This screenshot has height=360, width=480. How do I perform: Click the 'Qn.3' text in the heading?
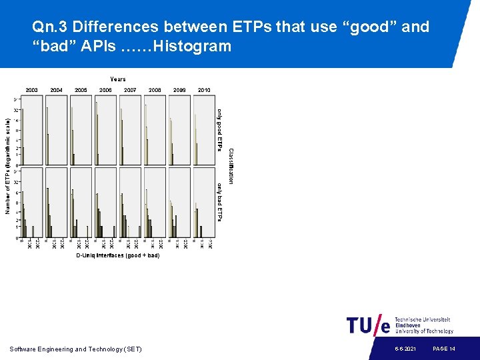[49, 27]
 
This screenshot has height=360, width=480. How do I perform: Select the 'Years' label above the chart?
[118, 79]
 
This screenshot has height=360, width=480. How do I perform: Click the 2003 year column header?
[32, 90]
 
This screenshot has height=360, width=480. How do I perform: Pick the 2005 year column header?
[81, 90]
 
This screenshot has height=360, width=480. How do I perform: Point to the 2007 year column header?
[130, 90]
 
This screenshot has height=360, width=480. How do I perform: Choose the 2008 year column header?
[155, 90]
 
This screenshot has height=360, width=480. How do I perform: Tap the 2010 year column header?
[204, 90]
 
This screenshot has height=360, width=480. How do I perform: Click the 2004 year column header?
[57, 90]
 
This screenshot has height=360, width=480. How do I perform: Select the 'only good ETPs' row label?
[220, 129]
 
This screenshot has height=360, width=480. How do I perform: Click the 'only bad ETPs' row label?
[220, 202]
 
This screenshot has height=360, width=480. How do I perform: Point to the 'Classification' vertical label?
[231, 166]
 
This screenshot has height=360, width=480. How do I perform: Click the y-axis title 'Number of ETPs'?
[8, 166]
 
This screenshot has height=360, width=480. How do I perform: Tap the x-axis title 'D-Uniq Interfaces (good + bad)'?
[117, 255]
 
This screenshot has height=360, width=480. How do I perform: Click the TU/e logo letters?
[368, 325]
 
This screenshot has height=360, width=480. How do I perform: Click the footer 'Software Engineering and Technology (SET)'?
[76, 349]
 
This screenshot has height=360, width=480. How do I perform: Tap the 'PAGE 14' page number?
[444, 349]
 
